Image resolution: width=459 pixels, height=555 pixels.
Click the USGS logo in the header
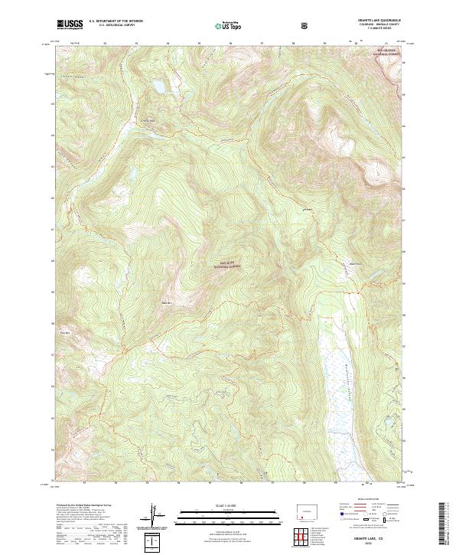[x=70, y=25]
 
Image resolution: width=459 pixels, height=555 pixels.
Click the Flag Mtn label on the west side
[x=63, y=332]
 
